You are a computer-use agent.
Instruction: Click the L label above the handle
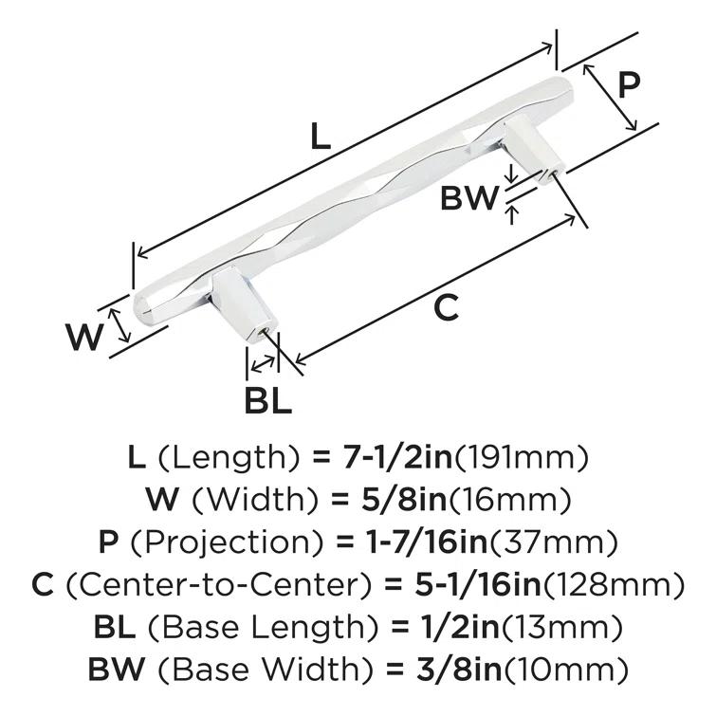click(321, 138)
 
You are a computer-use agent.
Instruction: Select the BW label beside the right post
click(469, 198)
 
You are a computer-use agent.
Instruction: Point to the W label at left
click(84, 337)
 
